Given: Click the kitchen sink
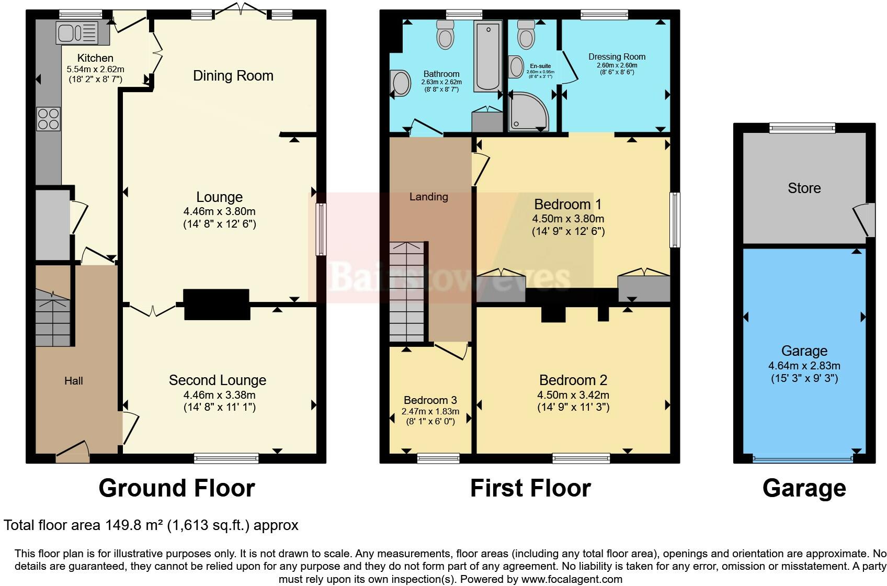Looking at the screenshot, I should (77, 32).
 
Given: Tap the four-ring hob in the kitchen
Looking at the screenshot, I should (48, 118).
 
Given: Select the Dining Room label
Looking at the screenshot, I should (233, 76).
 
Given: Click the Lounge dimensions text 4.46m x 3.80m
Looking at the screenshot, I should (219, 211).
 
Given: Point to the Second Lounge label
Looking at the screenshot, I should (218, 380).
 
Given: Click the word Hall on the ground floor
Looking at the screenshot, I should (74, 381).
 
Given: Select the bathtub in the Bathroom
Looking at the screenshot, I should (487, 55).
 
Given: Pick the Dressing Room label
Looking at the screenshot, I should (617, 57).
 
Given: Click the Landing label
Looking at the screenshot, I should (428, 197).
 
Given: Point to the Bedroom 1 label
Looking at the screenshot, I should (568, 204).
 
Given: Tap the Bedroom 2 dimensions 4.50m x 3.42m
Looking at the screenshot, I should (573, 395).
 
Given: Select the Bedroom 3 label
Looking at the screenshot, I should (430, 401).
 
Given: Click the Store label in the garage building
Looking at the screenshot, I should (804, 188).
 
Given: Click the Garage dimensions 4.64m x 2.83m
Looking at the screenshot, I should (804, 366).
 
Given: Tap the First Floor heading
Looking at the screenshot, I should (530, 488).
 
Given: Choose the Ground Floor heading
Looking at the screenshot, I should (177, 488).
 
